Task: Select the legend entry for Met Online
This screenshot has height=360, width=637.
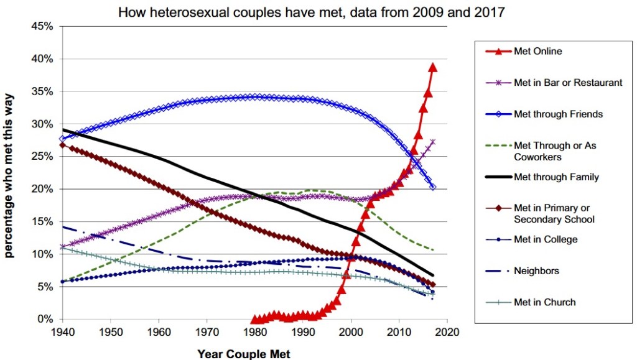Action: pyautogui.click(x=537, y=51)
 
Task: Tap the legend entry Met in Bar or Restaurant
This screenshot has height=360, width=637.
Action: pyautogui.click(x=567, y=83)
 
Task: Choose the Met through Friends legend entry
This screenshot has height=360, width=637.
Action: pyautogui.click(x=558, y=114)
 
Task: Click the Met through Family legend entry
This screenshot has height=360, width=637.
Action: pyautogui.click(x=556, y=177)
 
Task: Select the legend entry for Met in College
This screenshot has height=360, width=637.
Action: pyautogui.click(x=546, y=239)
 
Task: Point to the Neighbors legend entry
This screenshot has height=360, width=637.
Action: pyautogui.click(x=536, y=271)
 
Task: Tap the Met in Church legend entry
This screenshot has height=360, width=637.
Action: pyautogui.click(x=544, y=302)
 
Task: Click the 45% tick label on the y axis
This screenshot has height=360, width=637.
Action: pyautogui.click(x=42, y=27)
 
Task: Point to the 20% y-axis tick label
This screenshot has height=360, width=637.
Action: pyautogui.click(x=42, y=189)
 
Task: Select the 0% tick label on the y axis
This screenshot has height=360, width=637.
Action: pyautogui.click(x=45, y=319)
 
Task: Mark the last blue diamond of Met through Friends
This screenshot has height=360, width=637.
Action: pyautogui.click(x=433, y=187)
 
